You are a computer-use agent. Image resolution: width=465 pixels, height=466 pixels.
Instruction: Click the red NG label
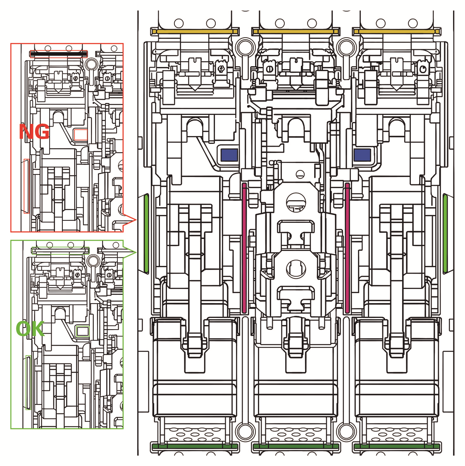click(x=34, y=132)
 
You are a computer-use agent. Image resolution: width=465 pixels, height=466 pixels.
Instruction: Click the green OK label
click(x=30, y=329)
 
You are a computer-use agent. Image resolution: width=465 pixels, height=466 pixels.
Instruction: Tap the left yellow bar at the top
click(x=195, y=31)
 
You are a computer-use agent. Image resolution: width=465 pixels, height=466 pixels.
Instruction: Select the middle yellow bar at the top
click(x=296, y=31)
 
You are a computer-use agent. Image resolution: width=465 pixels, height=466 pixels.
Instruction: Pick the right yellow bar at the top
click(x=397, y=31)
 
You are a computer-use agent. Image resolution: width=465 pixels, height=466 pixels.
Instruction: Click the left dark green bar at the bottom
click(x=195, y=446)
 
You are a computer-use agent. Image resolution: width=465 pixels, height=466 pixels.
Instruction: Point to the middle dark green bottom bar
click(x=296, y=446)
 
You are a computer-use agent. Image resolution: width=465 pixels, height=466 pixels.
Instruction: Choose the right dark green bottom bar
click(x=397, y=446)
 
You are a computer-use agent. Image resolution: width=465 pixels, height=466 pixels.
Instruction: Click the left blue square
click(x=229, y=155)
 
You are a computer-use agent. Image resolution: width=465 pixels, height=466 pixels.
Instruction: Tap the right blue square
click(x=362, y=155)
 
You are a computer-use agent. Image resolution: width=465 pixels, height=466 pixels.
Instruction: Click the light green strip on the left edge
click(x=146, y=233)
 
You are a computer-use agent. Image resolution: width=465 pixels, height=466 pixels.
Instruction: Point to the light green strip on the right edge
click(x=445, y=233)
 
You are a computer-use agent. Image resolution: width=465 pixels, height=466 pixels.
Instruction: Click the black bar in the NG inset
click(x=58, y=54)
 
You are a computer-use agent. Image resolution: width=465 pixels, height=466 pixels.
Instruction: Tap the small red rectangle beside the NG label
click(x=80, y=134)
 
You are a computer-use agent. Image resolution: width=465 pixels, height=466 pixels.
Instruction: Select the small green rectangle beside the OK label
click(x=83, y=330)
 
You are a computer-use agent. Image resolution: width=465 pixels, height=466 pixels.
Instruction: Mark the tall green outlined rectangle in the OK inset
click(x=28, y=382)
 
